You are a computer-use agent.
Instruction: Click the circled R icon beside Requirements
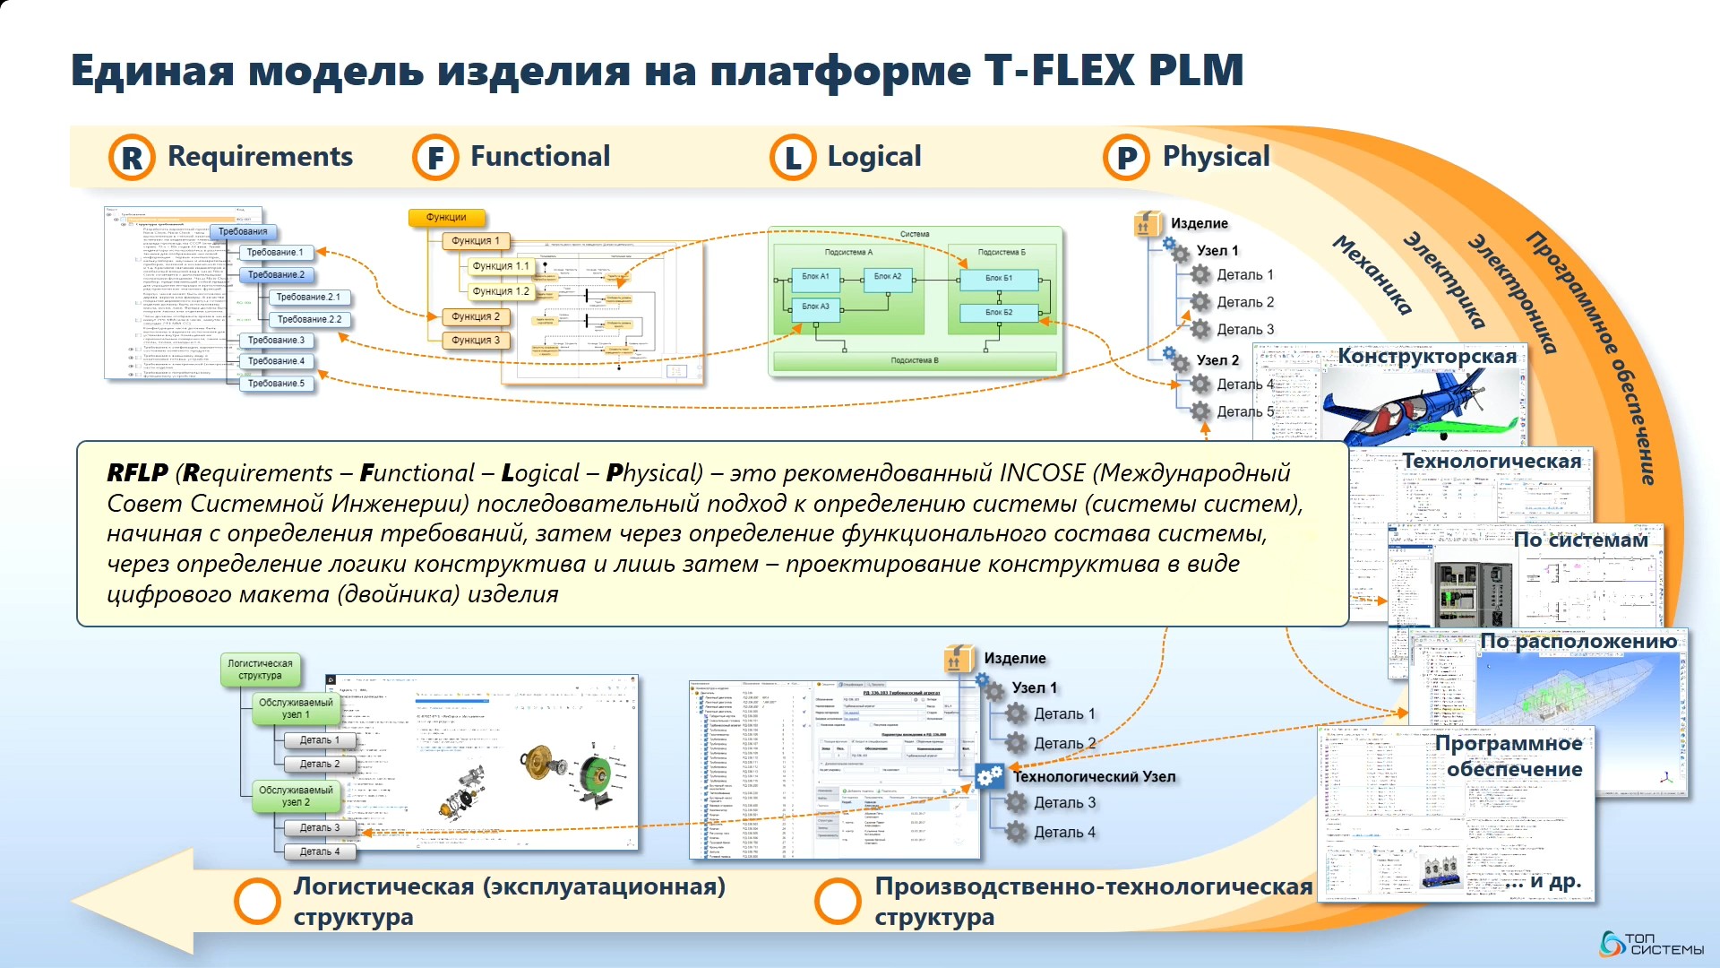(x=132, y=158)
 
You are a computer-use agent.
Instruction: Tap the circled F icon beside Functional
(x=435, y=158)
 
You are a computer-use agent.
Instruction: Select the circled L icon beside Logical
(x=793, y=158)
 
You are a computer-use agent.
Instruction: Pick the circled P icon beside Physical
(x=1126, y=158)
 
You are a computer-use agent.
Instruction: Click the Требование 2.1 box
(x=307, y=297)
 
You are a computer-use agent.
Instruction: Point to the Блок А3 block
(x=815, y=307)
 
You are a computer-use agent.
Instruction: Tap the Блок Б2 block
(x=999, y=313)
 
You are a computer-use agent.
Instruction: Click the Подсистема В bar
(x=915, y=360)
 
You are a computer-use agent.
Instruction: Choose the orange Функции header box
(x=446, y=217)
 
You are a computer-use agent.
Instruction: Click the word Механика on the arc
(x=1372, y=275)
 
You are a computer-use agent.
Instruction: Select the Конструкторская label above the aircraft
(x=1427, y=357)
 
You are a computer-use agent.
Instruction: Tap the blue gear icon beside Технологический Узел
(x=989, y=776)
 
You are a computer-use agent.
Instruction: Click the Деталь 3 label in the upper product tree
(x=1244, y=330)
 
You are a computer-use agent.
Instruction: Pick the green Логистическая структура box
(x=260, y=670)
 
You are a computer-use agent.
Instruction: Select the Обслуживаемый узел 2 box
(x=296, y=796)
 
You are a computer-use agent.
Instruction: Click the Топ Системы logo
(x=1652, y=944)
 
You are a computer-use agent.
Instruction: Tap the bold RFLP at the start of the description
(x=137, y=472)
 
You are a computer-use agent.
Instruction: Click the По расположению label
(x=1578, y=642)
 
